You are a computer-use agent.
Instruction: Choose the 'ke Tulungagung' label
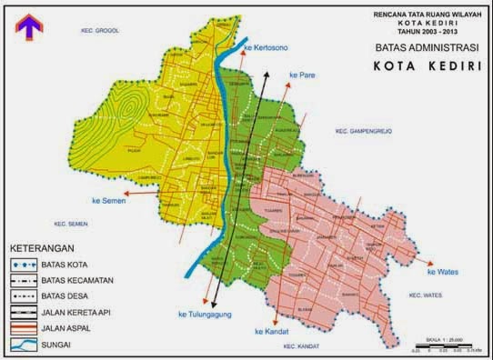pyautogui.click(x=203, y=315)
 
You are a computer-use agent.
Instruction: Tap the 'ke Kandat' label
pyautogui.click(x=274, y=331)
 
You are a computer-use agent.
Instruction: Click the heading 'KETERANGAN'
pyautogui.click(x=43, y=247)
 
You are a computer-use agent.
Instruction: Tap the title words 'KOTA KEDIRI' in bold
pyautogui.click(x=419, y=65)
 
